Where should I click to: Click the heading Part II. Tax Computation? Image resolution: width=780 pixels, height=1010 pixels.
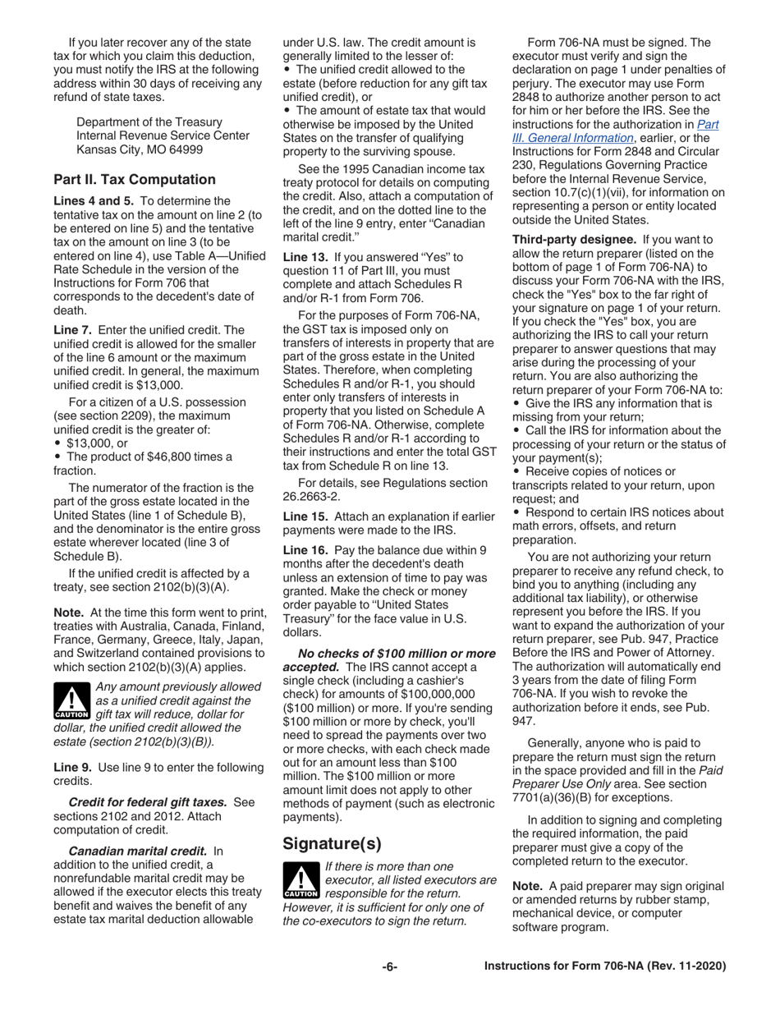(134, 180)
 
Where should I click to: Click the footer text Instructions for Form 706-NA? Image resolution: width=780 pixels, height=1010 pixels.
(605, 966)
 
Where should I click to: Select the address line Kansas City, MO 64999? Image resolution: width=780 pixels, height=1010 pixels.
(142, 149)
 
